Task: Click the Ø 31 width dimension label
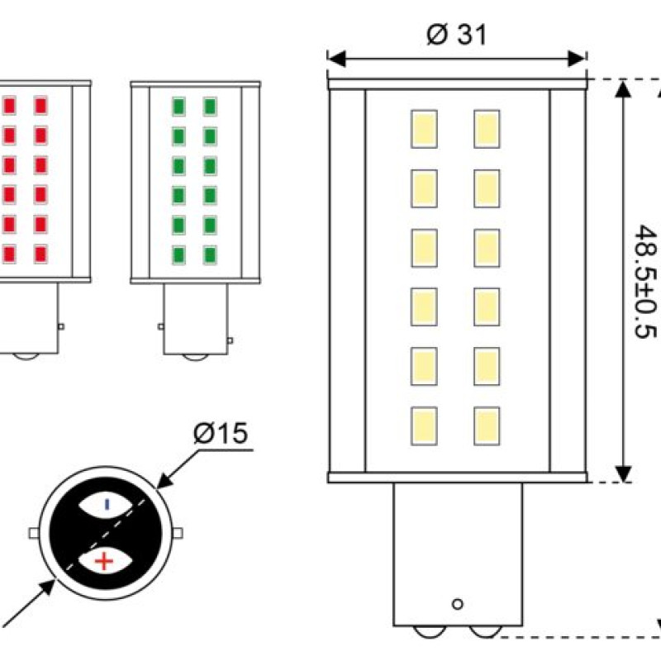tap(457, 34)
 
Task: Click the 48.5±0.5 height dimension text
tap(645, 282)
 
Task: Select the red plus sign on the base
tap(104, 561)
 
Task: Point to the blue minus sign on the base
tap(107, 504)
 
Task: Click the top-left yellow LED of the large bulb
tap(424, 129)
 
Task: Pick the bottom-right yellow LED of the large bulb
tap(487, 426)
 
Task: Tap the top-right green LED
tap(210, 107)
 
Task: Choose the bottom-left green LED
tap(178, 255)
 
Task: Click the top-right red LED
tap(40, 106)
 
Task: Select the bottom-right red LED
tap(40, 254)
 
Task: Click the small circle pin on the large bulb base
tap(458, 604)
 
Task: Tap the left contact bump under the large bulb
tap(430, 631)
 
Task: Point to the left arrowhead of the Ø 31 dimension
tap(336, 59)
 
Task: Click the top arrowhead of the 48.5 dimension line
tap(623, 89)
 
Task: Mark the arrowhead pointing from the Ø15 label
tap(165, 481)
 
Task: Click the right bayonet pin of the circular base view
tap(178, 533)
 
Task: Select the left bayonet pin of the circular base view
tap(34, 533)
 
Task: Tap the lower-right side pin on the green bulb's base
tap(231, 340)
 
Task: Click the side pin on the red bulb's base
tap(60, 326)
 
